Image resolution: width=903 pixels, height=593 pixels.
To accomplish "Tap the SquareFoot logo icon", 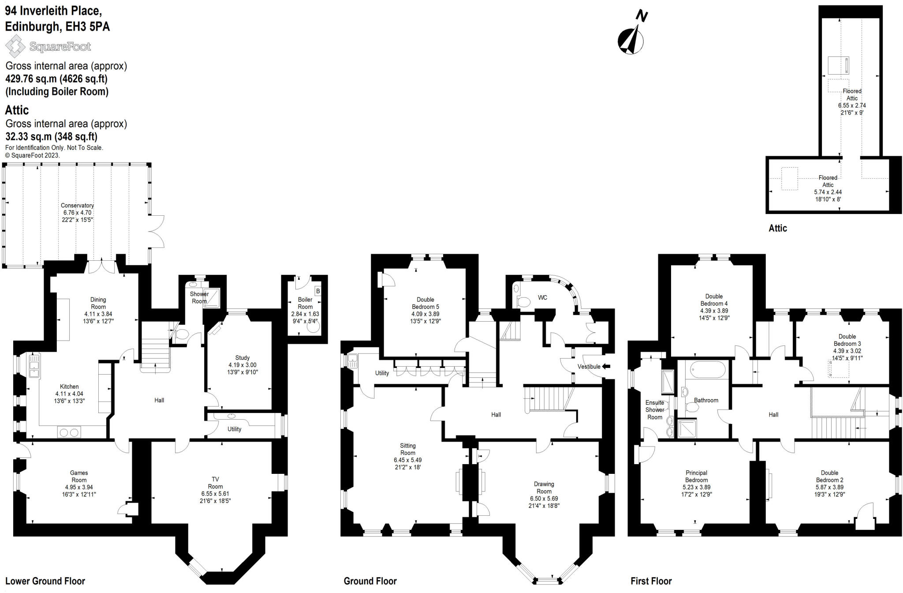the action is point(15,46).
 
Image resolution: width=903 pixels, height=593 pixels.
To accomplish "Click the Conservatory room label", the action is point(77,206).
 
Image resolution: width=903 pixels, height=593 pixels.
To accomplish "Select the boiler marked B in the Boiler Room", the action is point(318,291).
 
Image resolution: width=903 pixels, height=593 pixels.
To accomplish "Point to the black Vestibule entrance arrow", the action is point(606,366).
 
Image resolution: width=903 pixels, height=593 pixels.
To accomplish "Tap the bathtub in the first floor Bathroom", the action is point(707,370).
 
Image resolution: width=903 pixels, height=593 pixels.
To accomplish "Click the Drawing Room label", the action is point(544,488).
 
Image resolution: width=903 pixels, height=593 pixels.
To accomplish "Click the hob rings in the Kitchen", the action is point(69,432).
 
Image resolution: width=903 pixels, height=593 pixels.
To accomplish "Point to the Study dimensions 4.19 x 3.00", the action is point(242,365).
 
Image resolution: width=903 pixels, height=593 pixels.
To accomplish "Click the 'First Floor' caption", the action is point(651,581).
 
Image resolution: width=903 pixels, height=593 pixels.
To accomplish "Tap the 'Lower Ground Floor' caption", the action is point(45,581).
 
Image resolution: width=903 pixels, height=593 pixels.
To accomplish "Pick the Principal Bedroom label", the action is point(696,477).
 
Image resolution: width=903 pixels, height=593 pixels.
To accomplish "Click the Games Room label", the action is point(79,477).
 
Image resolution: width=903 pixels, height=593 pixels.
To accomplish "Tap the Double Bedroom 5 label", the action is point(425,303).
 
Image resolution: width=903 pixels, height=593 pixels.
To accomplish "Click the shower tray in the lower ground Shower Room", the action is point(211,297).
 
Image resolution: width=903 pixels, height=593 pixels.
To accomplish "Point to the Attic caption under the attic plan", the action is point(778,228).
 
